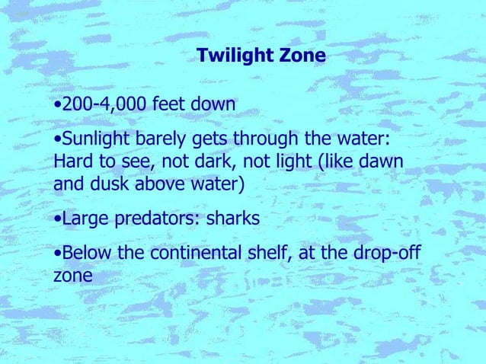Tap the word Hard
coord(72,162)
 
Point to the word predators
coord(149,219)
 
